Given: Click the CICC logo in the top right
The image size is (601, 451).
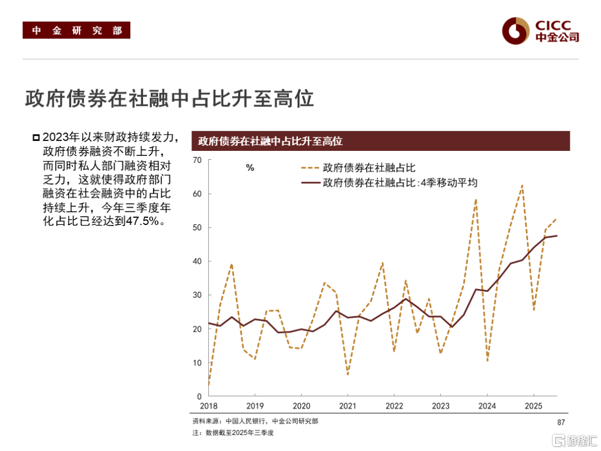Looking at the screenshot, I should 539,31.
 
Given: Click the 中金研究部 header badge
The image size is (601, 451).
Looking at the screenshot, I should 76,30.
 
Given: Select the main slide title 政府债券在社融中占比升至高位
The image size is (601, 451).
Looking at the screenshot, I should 170,99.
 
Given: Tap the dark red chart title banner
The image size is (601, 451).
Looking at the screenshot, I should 381,141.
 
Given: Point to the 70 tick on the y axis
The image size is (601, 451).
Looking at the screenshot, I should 196,160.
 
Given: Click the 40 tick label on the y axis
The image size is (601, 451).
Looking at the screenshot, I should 196,262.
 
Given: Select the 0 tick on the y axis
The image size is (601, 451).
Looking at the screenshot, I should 199,396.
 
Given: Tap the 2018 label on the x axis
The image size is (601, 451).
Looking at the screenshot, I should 209,406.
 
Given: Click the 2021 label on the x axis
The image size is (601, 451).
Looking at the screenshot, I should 348,406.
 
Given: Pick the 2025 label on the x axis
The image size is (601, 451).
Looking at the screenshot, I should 534,406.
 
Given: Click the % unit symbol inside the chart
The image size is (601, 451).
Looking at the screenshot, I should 250,168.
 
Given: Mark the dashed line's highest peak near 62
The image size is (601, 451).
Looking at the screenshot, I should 522,185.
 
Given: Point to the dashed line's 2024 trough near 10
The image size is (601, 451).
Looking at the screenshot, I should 487,361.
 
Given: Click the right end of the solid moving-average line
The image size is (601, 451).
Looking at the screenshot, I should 556,236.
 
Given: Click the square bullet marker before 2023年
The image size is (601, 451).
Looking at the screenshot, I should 36,138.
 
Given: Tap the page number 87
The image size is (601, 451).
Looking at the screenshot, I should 561,422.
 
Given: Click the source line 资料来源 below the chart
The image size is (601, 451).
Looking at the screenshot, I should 255,421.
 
